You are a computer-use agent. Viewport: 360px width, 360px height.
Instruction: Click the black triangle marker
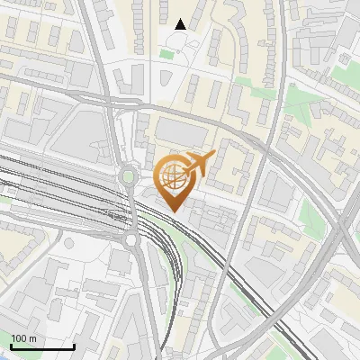[181, 24]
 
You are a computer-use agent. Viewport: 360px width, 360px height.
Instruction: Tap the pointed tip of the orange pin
[173, 211]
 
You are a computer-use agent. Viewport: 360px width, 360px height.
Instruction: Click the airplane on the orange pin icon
[195, 164]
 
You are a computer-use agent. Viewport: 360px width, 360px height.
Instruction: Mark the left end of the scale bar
[11, 347]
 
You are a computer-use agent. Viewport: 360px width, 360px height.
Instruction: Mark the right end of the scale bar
[74, 347]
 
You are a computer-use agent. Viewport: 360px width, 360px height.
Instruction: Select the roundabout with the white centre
[131, 239]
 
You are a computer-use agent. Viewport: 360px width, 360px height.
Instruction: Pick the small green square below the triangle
[166, 55]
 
